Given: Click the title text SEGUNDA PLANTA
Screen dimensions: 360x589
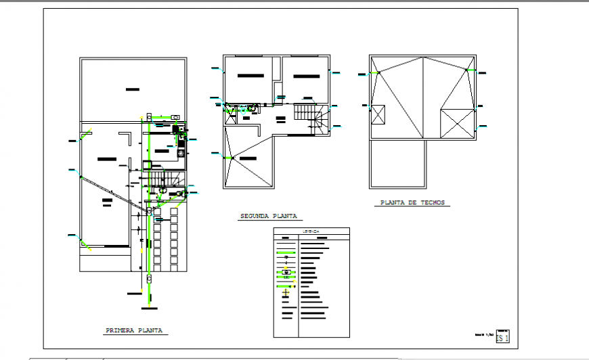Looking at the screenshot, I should [x=269, y=217].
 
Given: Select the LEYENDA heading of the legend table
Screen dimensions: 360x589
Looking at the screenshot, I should [x=311, y=231].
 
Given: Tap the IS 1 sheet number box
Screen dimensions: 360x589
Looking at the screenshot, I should [x=502, y=336].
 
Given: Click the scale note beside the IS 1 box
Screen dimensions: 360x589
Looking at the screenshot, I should [x=483, y=334].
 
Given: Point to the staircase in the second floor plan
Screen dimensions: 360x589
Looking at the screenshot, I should [x=313, y=118].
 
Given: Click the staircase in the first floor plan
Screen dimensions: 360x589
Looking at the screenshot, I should [x=162, y=178].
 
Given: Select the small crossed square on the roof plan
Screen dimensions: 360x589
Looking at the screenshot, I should [x=378, y=114].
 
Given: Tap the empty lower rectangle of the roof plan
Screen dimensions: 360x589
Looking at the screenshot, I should [x=398, y=164].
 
